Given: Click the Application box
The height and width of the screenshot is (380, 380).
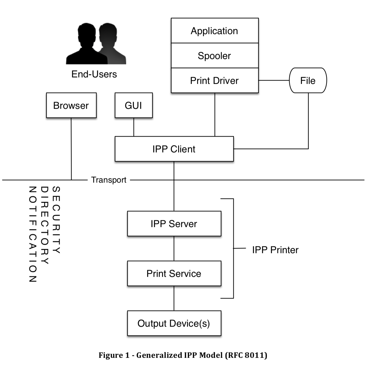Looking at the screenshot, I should [x=215, y=31].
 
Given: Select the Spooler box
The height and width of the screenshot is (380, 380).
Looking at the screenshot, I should [x=215, y=56].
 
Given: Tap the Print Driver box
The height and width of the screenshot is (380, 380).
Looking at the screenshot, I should [x=215, y=81].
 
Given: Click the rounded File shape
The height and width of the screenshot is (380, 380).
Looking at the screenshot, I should [x=308, y=81].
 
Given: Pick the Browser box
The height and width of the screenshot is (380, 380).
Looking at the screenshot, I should [x=71, y=106].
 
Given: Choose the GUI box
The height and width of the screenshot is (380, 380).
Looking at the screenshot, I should [x=134, y=106].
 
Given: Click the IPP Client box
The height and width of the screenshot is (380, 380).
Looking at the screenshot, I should [x=174, y=149].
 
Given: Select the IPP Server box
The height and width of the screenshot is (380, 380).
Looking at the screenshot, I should [x=174, y=224].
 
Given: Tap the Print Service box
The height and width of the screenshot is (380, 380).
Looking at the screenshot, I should [x=174, y=274].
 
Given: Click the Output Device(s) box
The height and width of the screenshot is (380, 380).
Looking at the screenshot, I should [x=174, y=323].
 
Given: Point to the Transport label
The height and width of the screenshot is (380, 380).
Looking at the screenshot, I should [x=109, y=180].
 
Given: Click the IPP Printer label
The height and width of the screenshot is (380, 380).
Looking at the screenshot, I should [x=275, y=250].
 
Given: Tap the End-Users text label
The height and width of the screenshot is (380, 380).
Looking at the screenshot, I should [x=94, y=74].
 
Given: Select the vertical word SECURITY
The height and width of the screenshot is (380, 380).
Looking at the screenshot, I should [x=56, y=220].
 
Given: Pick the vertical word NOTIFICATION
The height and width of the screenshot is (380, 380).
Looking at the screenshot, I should [x=32, y=234].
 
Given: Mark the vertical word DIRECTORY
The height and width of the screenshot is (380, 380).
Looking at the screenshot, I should [x=44, y=225].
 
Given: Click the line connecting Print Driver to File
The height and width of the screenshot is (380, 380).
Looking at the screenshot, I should [x=274, y=80].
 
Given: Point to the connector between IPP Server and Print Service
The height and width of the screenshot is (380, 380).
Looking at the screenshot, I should [x=174, y=248].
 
